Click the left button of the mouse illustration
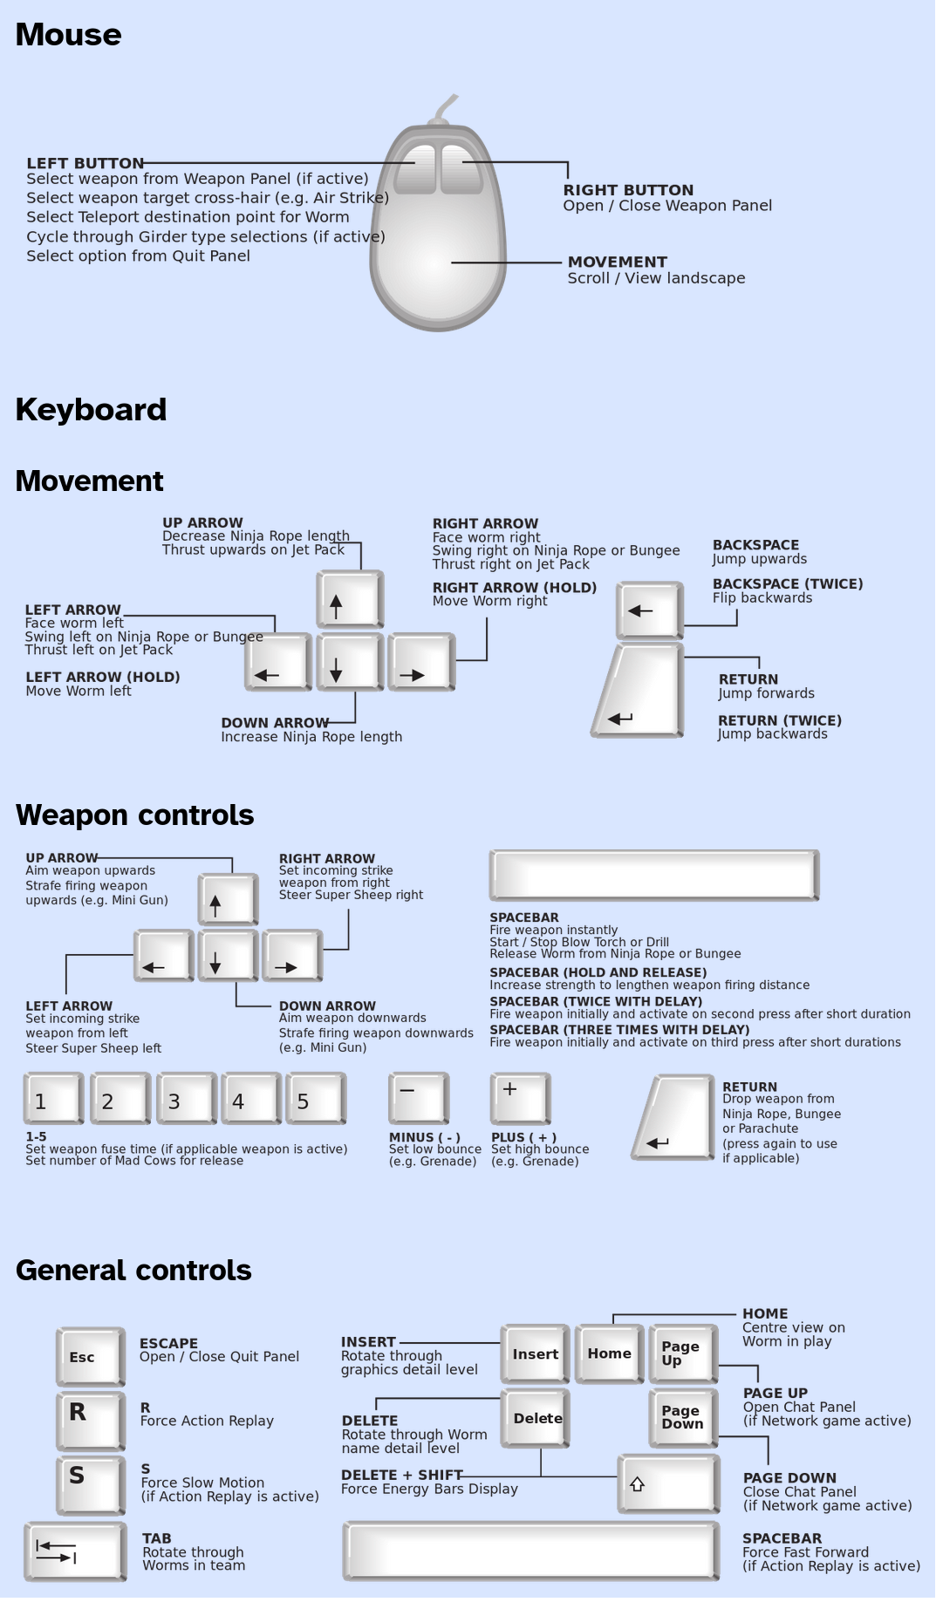click(415, 168)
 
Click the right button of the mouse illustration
click(461, 168)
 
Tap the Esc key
click(90, 1356)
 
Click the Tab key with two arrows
click(75, 1551)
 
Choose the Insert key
click(535, 1353)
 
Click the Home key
click(609, 1353)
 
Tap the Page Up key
click(683, 1353)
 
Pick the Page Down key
click(683, 1417)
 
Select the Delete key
click(535, 1419)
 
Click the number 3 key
click(185, 1098)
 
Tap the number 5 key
click(315, 1098)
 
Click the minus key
click(418, 1097)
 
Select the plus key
click(520, 1097)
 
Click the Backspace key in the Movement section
click(649, 610)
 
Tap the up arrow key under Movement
click(349, 599)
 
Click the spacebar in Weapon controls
click(653, 875)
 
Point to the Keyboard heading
click(91, 410)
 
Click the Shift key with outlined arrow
click(668, 1483)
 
